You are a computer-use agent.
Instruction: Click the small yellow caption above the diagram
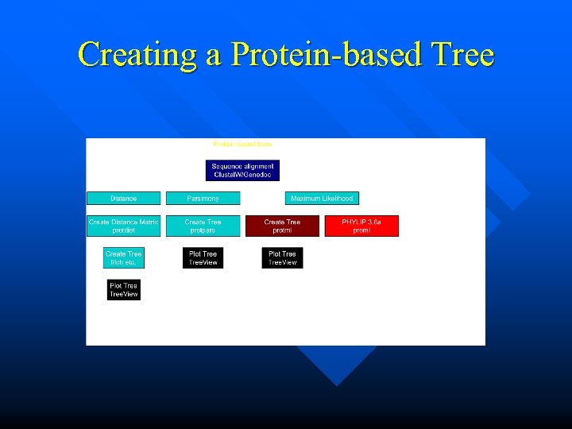pos(242,145)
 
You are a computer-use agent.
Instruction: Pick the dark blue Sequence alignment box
pos(242,170)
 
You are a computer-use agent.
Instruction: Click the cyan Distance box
pos(123,199)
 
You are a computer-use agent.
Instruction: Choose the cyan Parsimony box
pos(203,199)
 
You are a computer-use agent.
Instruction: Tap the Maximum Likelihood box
pos(322,199)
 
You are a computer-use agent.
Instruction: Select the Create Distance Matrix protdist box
pos(123,226)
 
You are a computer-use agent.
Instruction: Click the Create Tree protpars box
pos(203,226)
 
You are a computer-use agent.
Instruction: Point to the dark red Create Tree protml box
pos(282,226)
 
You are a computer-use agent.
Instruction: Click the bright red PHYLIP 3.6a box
pos(361,226)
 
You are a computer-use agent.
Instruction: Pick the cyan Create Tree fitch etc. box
pos(123,258)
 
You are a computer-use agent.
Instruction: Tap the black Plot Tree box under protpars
pos(203,258)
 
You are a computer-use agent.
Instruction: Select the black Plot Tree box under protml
pos(282,258)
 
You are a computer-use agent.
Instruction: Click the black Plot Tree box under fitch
pos(123,290)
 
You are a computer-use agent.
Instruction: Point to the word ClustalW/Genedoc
pos(242,175)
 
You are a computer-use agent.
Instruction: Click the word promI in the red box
pos(361,230)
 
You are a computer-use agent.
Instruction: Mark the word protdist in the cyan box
pos(123,230)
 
